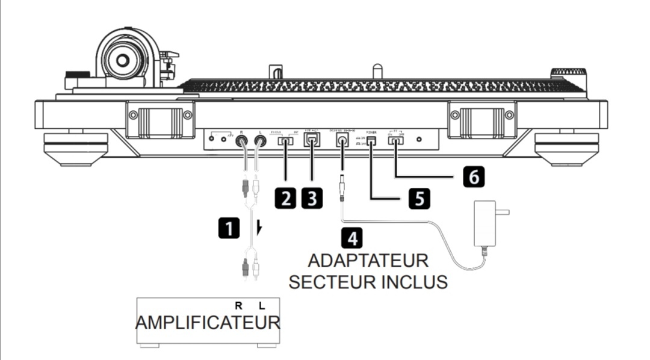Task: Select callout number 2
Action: click(x=285, y=198)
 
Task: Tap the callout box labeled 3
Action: click(x=311, y=198)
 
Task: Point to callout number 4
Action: click(x=352, y=238)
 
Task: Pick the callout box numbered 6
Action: click(x=473, y=176)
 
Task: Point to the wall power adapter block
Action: click(x=486, y=223)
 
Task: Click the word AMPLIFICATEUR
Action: click(x=208, y=322)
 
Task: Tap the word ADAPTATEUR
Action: click(x=368, y=262)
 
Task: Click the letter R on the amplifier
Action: click(x=238, y=306)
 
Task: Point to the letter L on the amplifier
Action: click(x=261, y=306)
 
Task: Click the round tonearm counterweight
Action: click(x=123, y=60)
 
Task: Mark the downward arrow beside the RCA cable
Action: click(x=259, y=228)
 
